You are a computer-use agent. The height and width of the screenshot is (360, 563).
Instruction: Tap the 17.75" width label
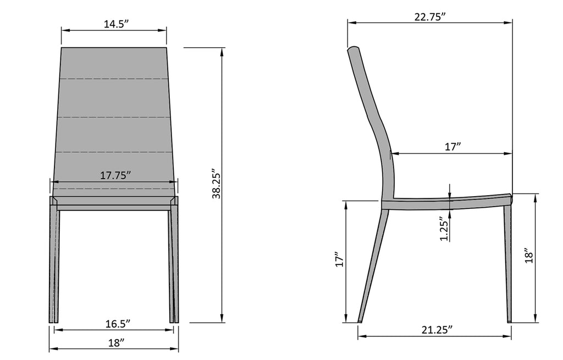click(x=115, y=175)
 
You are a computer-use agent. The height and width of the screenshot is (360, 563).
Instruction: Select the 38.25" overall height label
click(x=216, y=184)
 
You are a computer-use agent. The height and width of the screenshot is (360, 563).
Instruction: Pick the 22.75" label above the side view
click(x=430, y=17)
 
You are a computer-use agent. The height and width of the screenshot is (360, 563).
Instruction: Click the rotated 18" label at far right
click(x=529, y=256)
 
